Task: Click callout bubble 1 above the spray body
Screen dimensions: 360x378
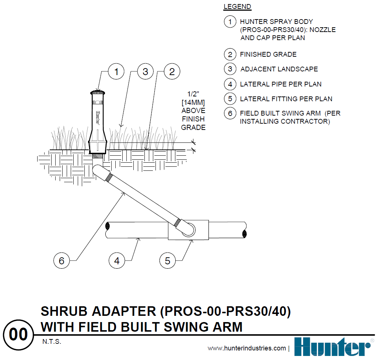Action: (x=116, y=72)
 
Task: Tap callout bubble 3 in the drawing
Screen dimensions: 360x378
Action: (x=145, y=72)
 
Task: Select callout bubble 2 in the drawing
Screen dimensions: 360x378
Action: (x=172, y=72)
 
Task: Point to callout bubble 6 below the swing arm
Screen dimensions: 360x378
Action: (x=62, y=261)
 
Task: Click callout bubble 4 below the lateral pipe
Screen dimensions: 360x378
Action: (x=117, y=261)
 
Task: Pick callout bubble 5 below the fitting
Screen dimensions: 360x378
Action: (x=168, y=261)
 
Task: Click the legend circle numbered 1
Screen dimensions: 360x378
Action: (x=230, y=22)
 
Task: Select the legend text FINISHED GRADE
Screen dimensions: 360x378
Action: (x=268, y=54)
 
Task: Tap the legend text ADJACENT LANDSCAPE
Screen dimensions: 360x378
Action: (x=279, y=69)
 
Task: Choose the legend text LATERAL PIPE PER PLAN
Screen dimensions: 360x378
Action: (x=281, y=84)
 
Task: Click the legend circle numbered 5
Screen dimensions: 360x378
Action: (x=230, y=99)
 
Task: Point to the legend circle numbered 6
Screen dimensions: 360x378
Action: (x=230, y=113)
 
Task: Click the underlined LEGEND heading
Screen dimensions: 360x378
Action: (x=237, y=7)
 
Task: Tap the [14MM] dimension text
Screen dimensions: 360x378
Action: (x=193, y=102)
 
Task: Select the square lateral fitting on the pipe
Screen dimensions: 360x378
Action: (x=189, y=230)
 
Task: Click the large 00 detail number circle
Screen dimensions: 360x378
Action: (x=18, y=335)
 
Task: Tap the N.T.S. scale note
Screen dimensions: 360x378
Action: (x=51, y=342)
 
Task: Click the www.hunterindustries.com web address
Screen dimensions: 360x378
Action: (x=246, y=348)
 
